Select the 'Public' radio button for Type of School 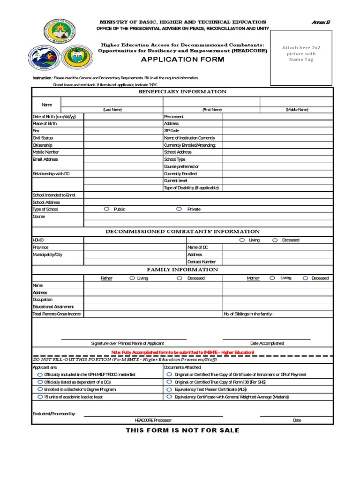[x=106, y=209]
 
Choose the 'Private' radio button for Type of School [x=179, y=209]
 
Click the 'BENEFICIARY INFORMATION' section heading [x=182, y=92]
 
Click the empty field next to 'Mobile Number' [x=123, y=152]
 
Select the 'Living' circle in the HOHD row [x=242, y=240]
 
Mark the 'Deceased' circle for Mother [x=306, y=278]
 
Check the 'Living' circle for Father [x=132, y=278]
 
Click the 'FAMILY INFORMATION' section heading [x=182, y=270]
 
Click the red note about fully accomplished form [x=182, y=352]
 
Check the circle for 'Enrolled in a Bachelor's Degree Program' [x=39, y=390]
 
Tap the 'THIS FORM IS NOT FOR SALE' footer [x=182, y=430]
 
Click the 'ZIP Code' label [x=172, y=131]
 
